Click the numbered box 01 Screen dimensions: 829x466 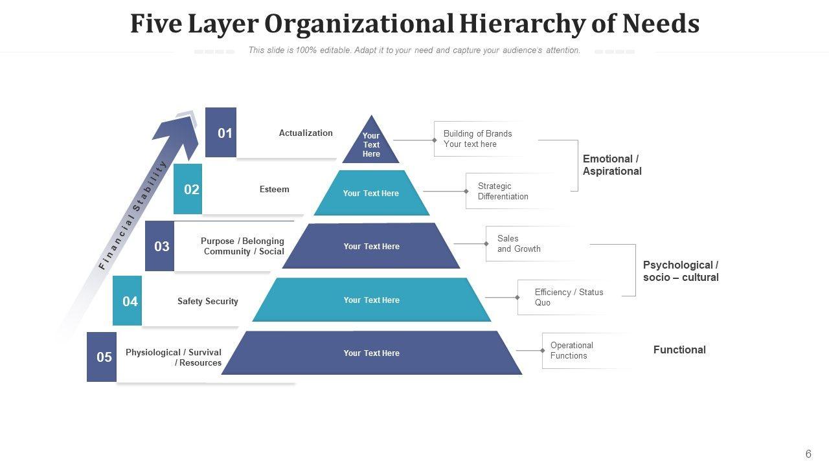tap(221, 133)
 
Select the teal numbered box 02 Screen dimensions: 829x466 tap(188, 189)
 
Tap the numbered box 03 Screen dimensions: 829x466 tap(160, 246)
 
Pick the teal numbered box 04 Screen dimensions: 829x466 tap(128, 301)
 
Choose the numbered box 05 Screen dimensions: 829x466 tap(102, 357)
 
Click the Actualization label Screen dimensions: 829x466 tap(306, 133)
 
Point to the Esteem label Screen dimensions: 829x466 tap(274, 189)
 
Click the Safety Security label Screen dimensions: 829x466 tap(207, 301)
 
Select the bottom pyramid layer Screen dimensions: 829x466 tap(371, 353)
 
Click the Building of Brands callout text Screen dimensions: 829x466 tap(477, 139)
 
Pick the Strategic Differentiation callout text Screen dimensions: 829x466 tap(503, 191)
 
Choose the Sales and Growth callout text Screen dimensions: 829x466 tap(518, 243)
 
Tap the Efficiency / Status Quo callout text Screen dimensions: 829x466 tap(568, 297)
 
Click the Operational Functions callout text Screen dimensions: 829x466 tap(571, 350)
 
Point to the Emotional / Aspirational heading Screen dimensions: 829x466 tap(612, 165)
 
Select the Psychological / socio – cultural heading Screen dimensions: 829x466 tap(681, 271)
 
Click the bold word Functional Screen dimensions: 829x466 tap(679, 349)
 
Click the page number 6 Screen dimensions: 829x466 tap(808, 454)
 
